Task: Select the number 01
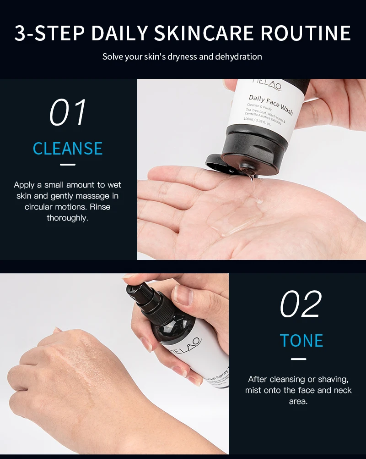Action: pos(68,112)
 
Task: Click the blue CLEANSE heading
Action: pos(68,149)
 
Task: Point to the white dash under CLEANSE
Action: pos(68,164)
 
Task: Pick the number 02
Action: pos(301,304)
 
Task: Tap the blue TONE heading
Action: pos(301,341)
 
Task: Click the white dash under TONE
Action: pos(298,359)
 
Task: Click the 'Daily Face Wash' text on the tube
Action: pos(270,104)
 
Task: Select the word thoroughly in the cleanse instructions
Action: pos(67,218)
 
